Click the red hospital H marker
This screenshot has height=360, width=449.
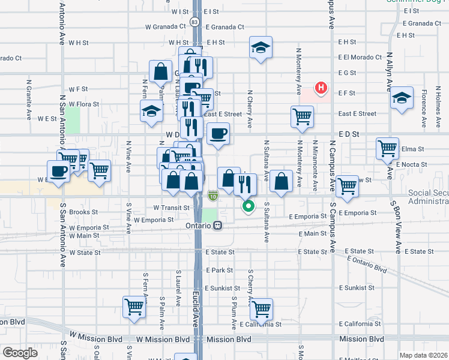point(322,88)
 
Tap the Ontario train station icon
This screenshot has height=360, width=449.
point(218,226)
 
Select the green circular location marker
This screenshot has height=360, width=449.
point(247,208)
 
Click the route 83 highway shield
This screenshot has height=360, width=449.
point(194,22)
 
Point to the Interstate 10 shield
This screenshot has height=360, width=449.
point(213,196)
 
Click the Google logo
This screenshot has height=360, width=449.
point(20,353)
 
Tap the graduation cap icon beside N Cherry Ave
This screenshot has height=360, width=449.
point(261,47)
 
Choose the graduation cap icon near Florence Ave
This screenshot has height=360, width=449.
point(402,98)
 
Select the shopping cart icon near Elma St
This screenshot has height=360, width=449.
point(388,148)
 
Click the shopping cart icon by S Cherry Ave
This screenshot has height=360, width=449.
point(261,310)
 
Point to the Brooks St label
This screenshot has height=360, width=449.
point(83,212)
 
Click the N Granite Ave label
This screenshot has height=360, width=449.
point(29,98)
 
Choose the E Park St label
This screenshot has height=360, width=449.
point(219,271)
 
